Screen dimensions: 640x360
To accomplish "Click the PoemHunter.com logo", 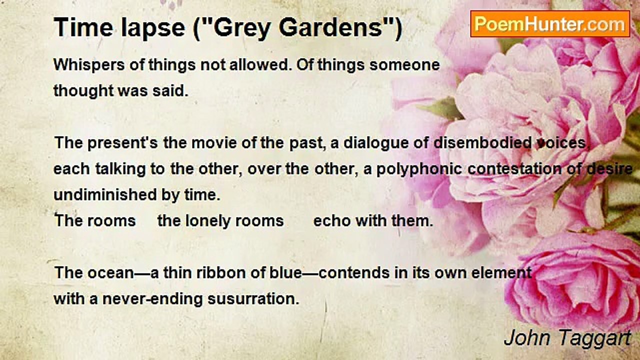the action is click(x=550, y=24).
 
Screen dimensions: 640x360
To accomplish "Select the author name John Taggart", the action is click(x=567, y=338).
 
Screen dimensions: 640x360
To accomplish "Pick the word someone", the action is click(x=404, y=65).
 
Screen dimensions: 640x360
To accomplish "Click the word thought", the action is click(x=83, y=91).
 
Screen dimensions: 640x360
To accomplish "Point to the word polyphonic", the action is click(x=419, y=169).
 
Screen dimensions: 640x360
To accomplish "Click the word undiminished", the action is click(x=105, y=195).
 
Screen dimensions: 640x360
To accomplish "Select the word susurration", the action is click(x=253, y=299).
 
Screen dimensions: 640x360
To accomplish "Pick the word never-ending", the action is click(x=152, y=299).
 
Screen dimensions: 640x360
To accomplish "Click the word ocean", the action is click(x=111, y=273).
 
